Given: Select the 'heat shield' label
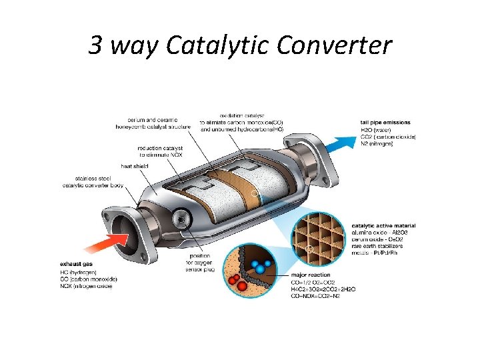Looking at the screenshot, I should [135, 165].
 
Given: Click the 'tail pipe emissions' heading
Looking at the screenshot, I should [385, 123].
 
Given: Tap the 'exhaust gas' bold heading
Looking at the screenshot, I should [77, 265].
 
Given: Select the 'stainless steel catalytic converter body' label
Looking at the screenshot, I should [91, 181].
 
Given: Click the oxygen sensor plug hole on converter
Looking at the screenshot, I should [180, 217].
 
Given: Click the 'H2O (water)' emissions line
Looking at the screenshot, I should [376, 129].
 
